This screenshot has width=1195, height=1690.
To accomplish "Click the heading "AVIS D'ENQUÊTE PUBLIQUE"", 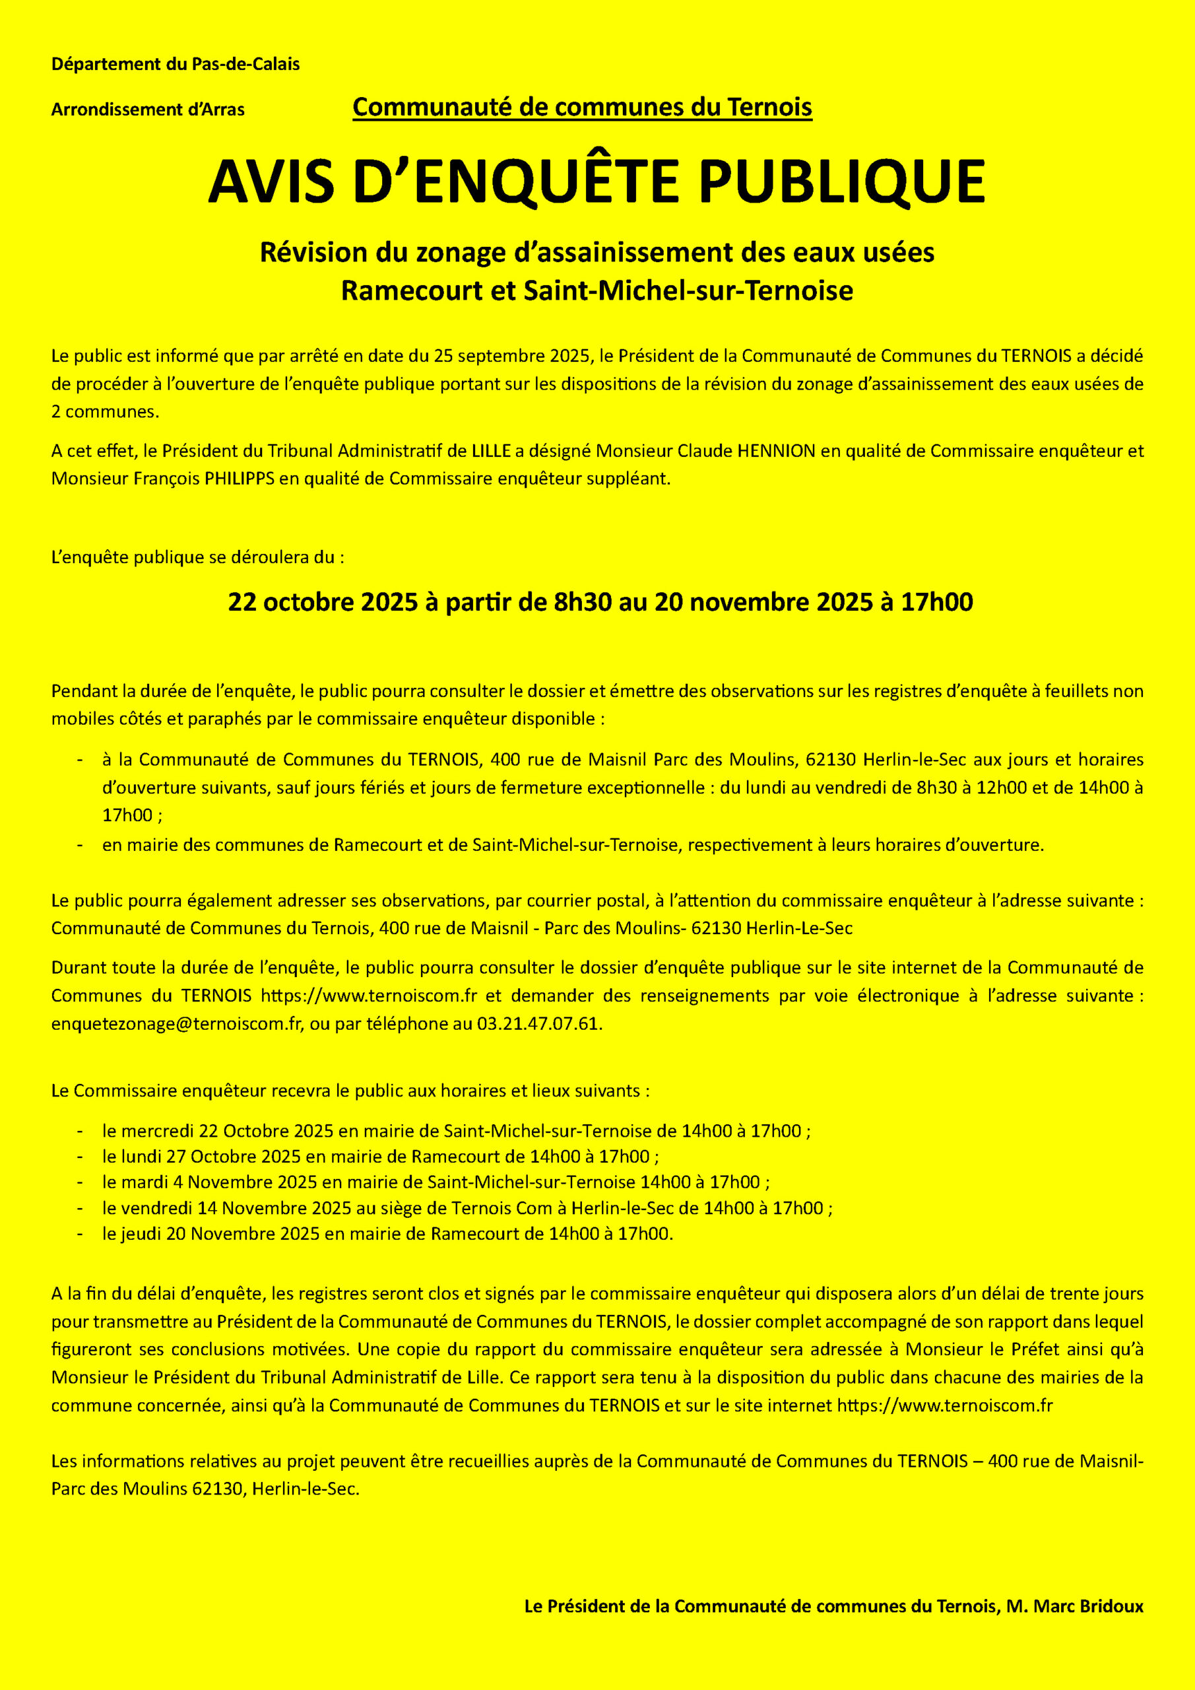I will tap(597, 181).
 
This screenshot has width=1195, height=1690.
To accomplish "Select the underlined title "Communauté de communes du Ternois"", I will tap(582, 108).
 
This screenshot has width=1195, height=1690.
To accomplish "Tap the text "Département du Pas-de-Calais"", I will tap(175, 64).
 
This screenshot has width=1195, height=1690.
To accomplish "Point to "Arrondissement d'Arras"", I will tap(148, 110).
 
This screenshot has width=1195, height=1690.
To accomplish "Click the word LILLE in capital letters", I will tap(491, 450).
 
